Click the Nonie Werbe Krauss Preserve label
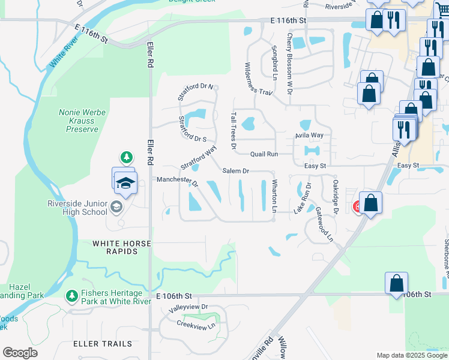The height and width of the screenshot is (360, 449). click(78, 121)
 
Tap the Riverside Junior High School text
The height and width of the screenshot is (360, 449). click(77, 207)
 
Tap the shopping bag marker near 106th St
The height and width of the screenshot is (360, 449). click(396, 283)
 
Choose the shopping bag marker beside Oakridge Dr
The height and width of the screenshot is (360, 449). click(371, 203)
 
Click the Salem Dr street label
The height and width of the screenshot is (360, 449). click(235, 171)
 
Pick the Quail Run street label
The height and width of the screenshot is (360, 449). click(264, 154)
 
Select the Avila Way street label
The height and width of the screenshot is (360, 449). click(309, 136)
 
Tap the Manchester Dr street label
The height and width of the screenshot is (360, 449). click(177, 180)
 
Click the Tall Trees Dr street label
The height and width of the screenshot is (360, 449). click(234, 130)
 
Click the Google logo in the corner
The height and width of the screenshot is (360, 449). click(20, 353)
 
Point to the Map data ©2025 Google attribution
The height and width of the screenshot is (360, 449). click(411, 355)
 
